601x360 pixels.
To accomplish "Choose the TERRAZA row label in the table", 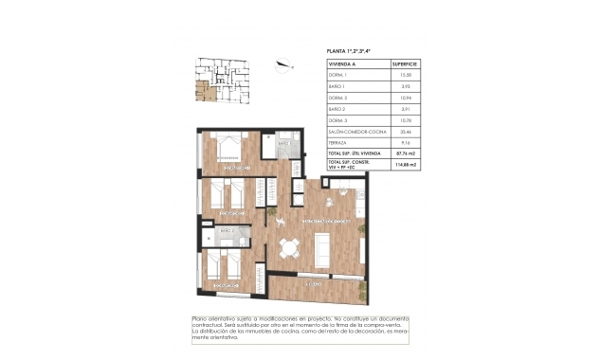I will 338,141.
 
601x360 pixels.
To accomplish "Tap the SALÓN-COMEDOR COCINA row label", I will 355,130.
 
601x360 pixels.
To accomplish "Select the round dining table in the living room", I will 291,249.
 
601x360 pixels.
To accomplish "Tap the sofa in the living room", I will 322,249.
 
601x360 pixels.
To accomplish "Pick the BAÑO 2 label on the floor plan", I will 227,230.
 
